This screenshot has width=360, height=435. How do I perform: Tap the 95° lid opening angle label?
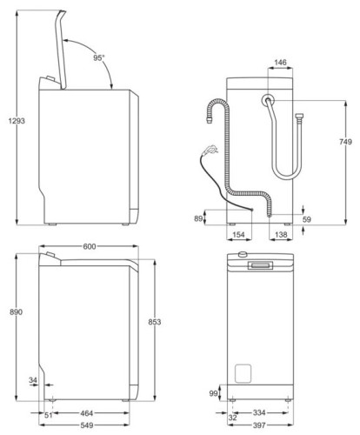pos(99,57)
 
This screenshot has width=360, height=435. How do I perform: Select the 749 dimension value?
pos(346,142)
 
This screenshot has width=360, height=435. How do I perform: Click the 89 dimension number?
pos(197,219)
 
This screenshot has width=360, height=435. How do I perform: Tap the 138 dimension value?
pos(281,236)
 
